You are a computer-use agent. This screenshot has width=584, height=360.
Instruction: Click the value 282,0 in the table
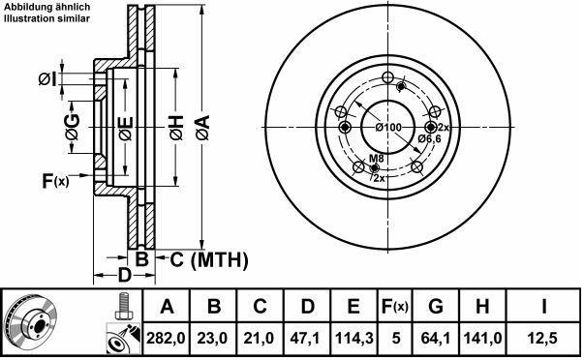click(166, 338)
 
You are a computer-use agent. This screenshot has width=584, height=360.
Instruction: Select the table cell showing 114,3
click(354, 338)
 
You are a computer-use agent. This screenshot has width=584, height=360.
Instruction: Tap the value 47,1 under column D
click(307, 338)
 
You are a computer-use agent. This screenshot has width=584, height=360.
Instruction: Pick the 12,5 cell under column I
click(544, 338)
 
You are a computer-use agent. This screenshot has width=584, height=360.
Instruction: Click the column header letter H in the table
click(482, 306)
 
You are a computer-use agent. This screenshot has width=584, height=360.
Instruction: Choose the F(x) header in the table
click(395, 306)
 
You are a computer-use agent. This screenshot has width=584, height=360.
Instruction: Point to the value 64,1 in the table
click(436, 338)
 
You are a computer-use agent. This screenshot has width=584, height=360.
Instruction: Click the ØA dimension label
click(203, 128)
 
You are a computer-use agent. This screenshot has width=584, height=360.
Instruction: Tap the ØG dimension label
click(73, 128)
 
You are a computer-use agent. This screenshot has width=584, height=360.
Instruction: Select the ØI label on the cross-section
click(47, 79)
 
